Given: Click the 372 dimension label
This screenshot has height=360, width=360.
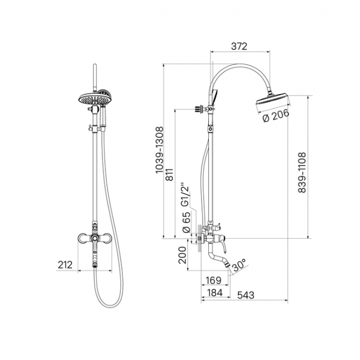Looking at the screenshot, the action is (x=239, y=46).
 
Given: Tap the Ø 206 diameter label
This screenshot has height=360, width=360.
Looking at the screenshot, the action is (x=276, y=116).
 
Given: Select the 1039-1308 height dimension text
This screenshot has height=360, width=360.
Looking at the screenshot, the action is (x=160, y=150).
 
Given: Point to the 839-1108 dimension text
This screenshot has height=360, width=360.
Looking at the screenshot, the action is (x=302, y=172).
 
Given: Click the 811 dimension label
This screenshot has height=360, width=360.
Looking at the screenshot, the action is (x=169, y=174).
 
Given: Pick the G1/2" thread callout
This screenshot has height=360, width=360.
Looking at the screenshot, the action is (x=185, y=195).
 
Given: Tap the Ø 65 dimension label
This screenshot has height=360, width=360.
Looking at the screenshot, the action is (x=186, y=222).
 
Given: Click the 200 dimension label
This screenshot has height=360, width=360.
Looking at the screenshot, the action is (x=182, y=255).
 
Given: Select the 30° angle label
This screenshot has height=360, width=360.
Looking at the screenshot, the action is (x=239, y=265).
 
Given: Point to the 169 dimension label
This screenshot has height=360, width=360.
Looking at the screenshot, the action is (x=213, y=280).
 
